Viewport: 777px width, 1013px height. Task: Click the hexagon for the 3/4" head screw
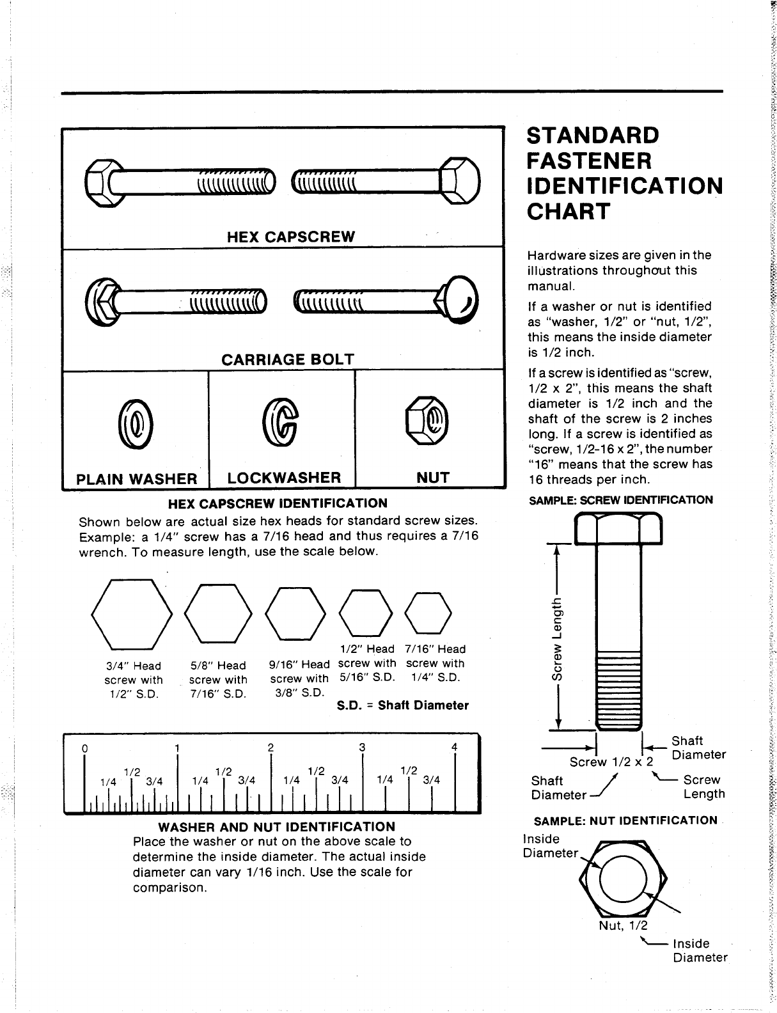pos(132,612)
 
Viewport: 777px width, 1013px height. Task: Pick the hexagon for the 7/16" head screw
pos(429,612)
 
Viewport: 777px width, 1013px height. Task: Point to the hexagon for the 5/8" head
pos(218,613)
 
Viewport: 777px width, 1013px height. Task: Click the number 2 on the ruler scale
pos(271,748)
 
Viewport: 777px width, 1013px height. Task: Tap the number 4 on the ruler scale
pos(454,747)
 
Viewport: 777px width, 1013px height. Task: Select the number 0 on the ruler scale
pos(84,749)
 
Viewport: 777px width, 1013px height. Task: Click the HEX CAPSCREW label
pos(291,237)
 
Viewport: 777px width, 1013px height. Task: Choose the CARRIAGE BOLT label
pos(287,359)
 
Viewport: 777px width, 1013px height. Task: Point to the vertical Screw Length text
pos(558,637)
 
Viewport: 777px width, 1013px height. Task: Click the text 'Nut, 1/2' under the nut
pos(623,925)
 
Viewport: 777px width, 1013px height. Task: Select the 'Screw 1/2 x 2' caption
pos(612,762)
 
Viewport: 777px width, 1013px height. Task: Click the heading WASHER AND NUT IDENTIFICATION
pos(276,827)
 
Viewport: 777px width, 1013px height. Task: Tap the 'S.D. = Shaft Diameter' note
pos(402,705)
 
